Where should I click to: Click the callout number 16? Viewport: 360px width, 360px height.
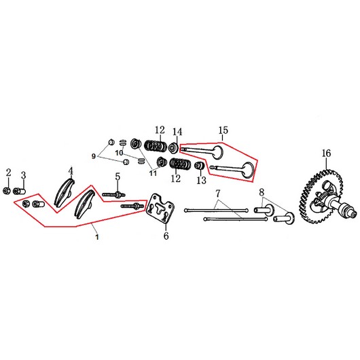(326, 153)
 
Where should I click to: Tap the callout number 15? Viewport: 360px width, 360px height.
(223, 130)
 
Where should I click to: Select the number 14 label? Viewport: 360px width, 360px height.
(177, 132)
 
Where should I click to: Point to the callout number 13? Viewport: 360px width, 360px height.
(201, 180)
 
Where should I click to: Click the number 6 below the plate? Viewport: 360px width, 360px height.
(166, 236)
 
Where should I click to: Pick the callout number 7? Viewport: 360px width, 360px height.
(217, 194)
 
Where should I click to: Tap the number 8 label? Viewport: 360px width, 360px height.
(262, 192)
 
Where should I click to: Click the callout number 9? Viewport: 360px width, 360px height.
(94, 156)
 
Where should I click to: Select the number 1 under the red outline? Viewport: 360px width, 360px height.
(97, 236)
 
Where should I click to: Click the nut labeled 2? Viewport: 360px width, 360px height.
(7, 191)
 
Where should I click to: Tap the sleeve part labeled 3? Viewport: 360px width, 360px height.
(19, 191)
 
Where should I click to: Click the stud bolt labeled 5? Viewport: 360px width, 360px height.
(113, 195)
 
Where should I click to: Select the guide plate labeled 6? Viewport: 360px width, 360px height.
(160, 208)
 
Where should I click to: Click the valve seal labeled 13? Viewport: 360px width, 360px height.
(199, 166)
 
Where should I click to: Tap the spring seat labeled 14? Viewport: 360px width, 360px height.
(173, 148)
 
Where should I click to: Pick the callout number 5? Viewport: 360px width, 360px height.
(118, 177)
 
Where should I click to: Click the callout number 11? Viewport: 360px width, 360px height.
(153, 173)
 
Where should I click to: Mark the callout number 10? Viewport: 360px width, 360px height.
(120, 153)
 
